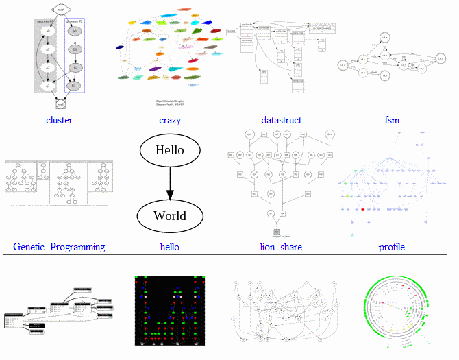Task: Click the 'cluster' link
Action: pyautogui.click(x=60, y=121)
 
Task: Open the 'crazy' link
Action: pyautogui.click(x=170, y=121)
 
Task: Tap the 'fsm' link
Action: pyautogui.click(x=392, y=121)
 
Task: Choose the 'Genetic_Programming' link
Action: pyautogui.click(x=59, y=247)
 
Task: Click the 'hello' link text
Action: pyautogui.click(x=169, y=247)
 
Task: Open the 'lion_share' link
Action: pyautogui.click(x=281, y=247)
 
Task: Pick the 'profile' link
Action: pyautogui.click(x=392, y=247)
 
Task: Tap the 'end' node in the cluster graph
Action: pyautogui.click(x=60, y=105)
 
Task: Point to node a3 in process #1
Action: pyautogui.click(x=47, y=86)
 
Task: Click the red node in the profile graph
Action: pyautogui.click(x=362, y=208)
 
